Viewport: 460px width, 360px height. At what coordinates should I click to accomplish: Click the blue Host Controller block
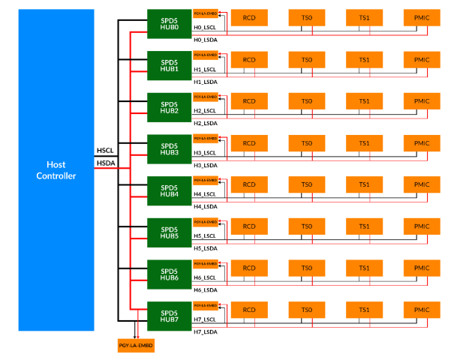(56, 169)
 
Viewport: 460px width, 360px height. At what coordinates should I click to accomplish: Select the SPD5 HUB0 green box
(169, 22)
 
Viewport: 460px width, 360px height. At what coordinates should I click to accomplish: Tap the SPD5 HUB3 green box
(169, 148)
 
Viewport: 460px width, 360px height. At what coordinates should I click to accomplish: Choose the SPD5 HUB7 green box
(169, 315)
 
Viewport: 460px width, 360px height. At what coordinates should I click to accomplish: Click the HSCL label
(104, 150)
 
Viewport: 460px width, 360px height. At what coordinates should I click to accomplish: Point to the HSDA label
(104, 163)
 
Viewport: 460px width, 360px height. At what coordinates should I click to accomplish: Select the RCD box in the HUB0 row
(248, 18)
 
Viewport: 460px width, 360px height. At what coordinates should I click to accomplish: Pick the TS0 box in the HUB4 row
(306, 185)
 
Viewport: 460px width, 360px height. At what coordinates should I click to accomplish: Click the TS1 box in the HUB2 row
(364, 101)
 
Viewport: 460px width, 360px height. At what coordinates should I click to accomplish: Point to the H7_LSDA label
(206, 331)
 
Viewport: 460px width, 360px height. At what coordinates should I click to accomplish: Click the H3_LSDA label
(206, 164)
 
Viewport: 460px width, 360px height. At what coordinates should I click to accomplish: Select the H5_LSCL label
(206, 236)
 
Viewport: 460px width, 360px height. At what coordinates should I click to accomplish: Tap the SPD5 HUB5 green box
(169, 232)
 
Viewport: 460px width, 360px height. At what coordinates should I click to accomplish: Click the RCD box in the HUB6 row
(248, 268)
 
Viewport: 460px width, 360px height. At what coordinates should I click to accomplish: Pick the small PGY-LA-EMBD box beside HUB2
(206, 97)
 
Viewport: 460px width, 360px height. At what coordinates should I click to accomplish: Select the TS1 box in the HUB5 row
(364, 226)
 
